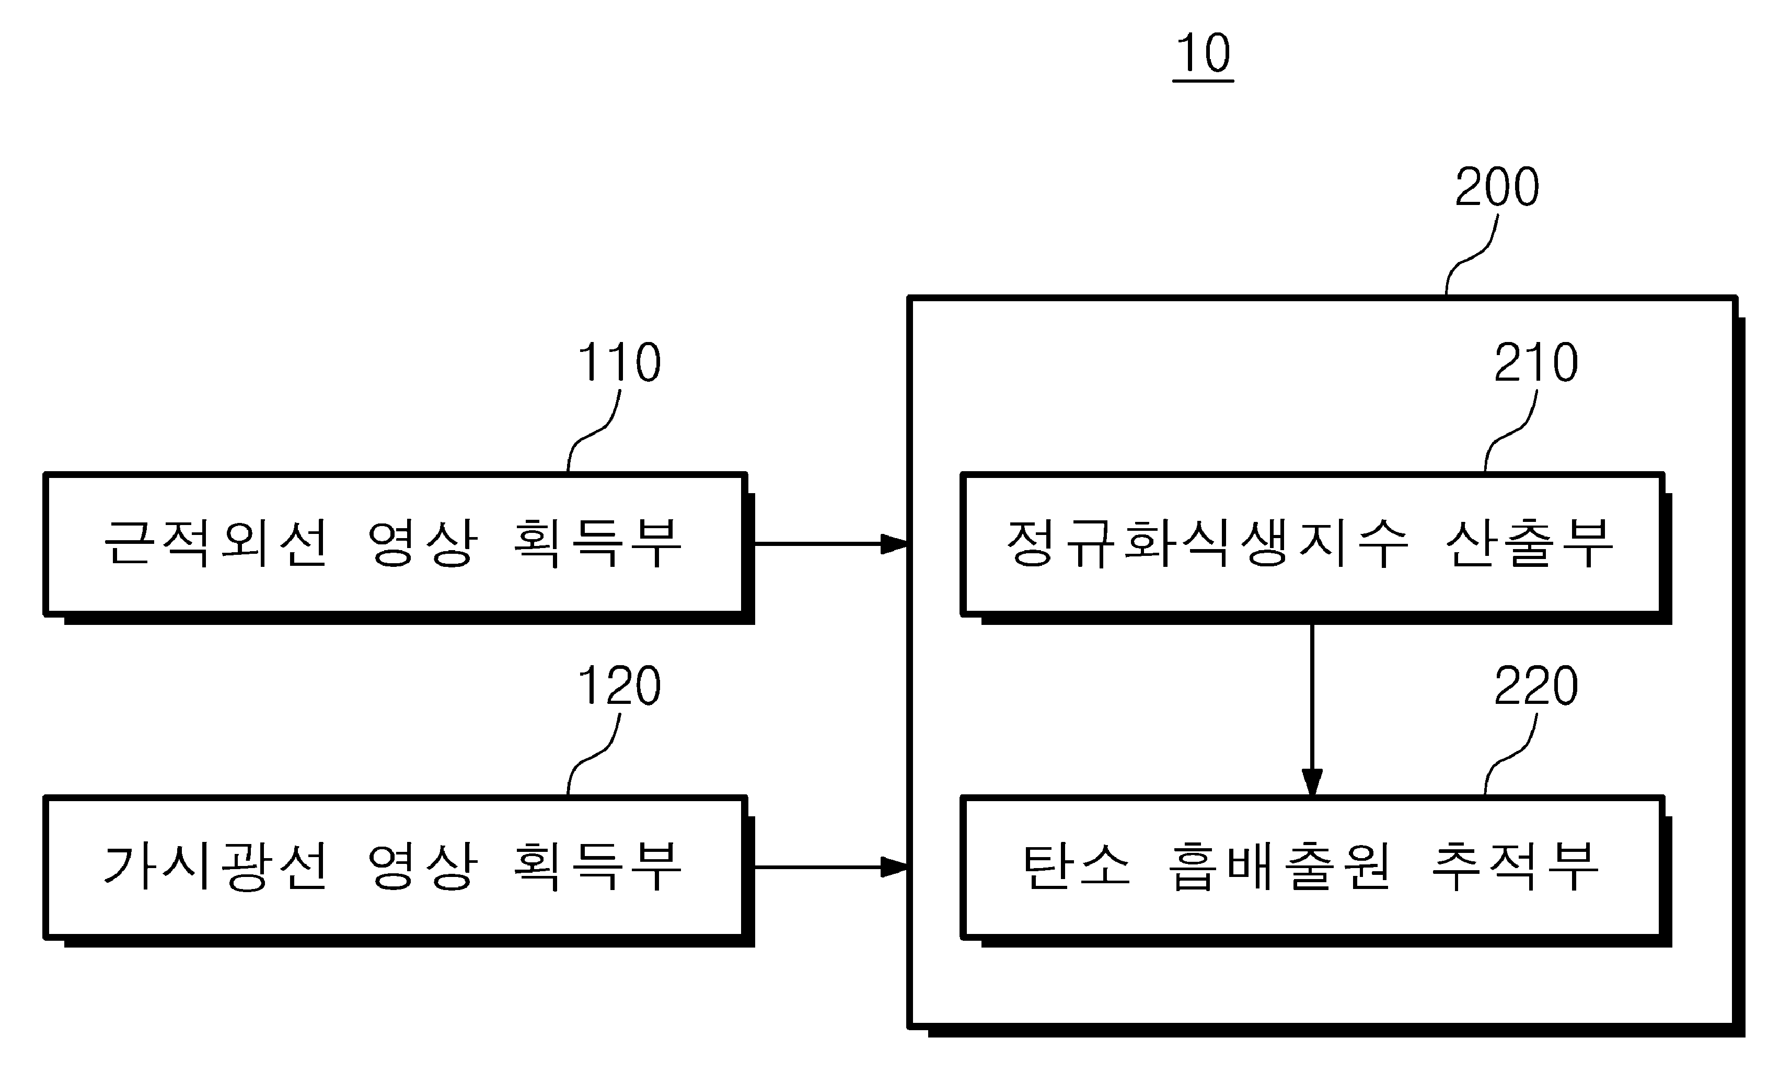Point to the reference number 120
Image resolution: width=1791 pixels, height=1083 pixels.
(619, 686)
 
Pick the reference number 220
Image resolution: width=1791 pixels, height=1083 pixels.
(1536, 686)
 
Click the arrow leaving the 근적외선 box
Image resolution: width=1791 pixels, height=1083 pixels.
(831, 543)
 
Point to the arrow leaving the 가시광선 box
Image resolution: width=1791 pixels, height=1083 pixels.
(831, 867)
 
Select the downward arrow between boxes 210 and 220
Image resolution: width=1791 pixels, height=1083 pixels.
(1312, 709)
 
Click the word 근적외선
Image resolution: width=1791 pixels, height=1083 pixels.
(216, 543)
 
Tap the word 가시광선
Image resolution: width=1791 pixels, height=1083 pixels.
(216, 867)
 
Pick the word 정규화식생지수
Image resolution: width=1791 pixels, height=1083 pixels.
(1207, 543)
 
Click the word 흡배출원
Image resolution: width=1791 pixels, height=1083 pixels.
(1280, 867)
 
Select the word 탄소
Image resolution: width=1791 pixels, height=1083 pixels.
(1077, 867)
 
